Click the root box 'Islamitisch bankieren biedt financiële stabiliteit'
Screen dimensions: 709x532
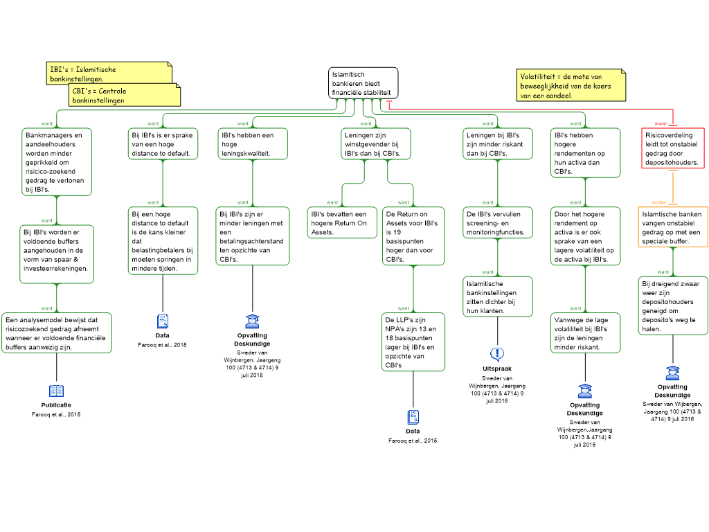click(363, 83)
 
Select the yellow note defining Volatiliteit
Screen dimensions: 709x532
click(571, 85)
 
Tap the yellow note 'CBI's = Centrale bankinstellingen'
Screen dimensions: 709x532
click(125, 95)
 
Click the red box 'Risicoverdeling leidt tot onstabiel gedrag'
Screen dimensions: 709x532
click(673, 148)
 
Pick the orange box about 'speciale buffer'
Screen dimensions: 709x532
click(673, 227)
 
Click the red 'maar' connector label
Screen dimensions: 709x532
click(661, 123)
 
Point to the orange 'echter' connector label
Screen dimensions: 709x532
click(659, 202)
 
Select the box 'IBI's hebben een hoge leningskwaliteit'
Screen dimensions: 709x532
click(252, 144)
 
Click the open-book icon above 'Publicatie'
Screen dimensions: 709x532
click(57, 391)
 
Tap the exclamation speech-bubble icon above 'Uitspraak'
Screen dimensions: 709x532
click(497, 354)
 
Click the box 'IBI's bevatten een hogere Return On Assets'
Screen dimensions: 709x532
click(342, 222)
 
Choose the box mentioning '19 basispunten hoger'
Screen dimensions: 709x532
click(413, 236)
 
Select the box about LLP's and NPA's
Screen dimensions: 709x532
click(413, 342)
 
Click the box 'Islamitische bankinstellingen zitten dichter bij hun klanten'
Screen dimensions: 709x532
click(497, 296)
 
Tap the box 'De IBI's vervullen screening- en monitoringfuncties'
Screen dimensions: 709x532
click(497, 222)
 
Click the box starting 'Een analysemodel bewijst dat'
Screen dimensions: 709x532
click(57, 333)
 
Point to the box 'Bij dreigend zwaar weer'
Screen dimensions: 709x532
click(673, 305)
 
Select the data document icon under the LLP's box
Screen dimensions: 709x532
click(413, 417)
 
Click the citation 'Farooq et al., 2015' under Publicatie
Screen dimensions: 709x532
click(56, 414)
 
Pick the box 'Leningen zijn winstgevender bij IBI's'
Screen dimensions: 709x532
click(376, 144)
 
